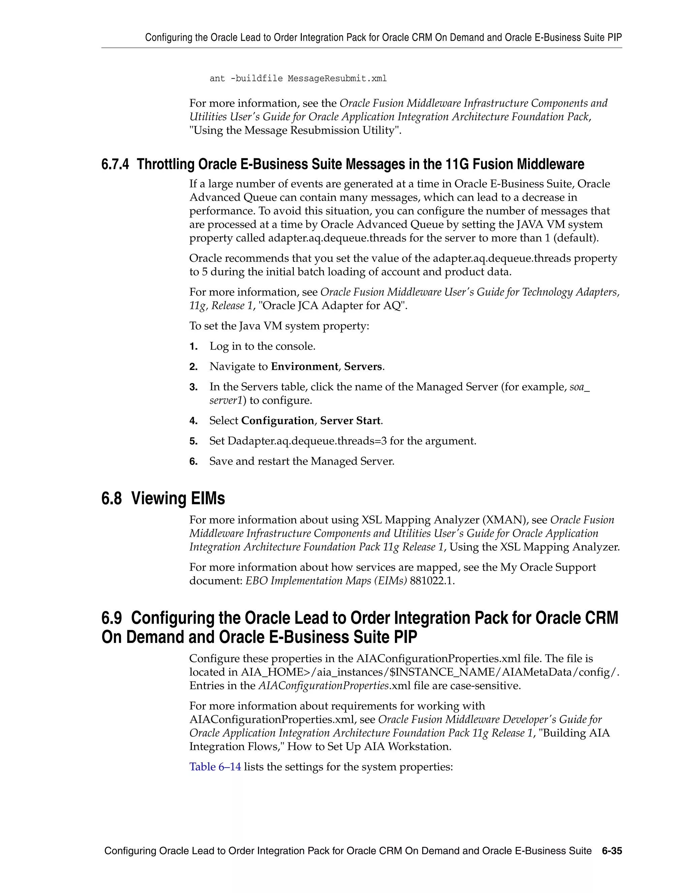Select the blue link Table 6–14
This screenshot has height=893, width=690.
(x=215, y=767)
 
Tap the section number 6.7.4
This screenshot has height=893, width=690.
(x=115, y=164)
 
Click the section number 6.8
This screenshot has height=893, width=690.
(x=112, y=498)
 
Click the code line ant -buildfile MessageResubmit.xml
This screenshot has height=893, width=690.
(x=298, y=79)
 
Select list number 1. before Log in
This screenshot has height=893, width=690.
(x=193, y=347)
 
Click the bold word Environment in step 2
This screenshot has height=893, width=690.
(x=305, y=366)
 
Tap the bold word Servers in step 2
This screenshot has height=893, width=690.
(x=363, y=366)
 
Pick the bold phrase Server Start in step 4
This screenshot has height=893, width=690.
(x=350, y=421)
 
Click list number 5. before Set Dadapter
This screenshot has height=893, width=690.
(x=193, y=441)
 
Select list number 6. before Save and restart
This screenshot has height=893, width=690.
(x=193, y=462)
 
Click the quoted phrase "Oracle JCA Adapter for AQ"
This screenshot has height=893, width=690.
(x=333, y=306)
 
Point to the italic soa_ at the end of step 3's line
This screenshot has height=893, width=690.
(x=579, y=387)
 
